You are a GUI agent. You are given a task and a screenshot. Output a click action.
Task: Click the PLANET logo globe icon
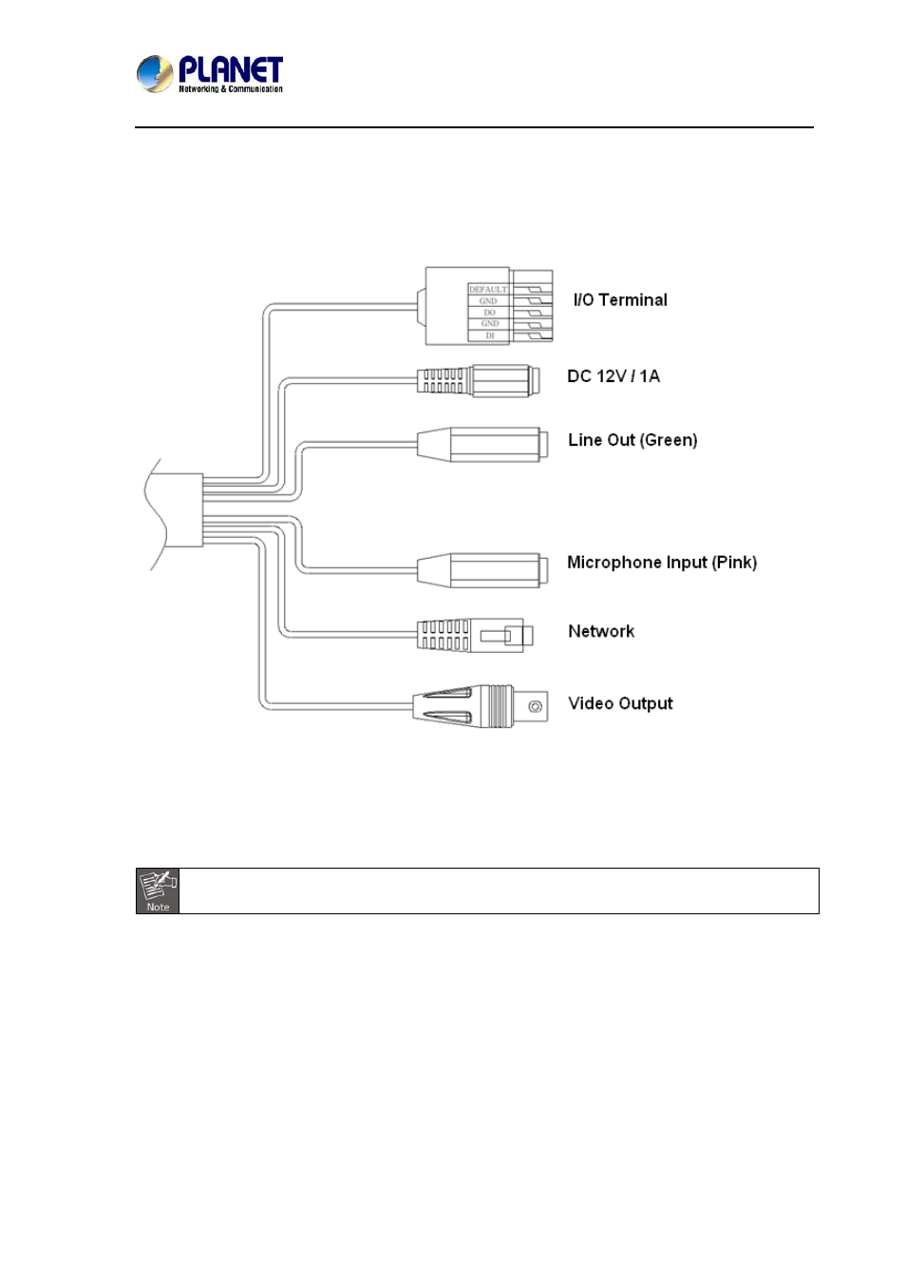coord(154,73)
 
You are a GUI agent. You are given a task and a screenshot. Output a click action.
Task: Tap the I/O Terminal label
coord(619,300)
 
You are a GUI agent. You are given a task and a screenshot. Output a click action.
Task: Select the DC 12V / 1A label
coord(613,376)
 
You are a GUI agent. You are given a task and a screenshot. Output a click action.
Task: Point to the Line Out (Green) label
coord(632,440)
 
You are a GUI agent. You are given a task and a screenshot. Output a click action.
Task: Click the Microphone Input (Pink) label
coord(661,563)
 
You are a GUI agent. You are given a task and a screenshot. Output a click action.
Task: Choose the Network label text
coord(600,631)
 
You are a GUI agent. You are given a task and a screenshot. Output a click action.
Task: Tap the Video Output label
coord(619,703)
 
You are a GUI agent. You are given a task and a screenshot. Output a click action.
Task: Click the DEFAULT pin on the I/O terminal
coord(488,289)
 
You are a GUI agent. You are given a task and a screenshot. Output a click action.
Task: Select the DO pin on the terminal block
coord(489,312)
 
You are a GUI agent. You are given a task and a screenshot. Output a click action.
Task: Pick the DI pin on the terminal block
coord(490,335)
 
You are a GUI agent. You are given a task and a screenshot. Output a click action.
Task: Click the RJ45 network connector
coord(470,635)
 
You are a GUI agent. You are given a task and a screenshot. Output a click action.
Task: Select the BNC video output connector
coord(481,706)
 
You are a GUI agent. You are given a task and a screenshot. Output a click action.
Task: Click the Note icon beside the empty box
coord(158,890)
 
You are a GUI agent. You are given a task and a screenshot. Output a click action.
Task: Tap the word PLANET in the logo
coord(231,69)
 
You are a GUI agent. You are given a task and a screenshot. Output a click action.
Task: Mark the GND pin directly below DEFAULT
coord(488,300)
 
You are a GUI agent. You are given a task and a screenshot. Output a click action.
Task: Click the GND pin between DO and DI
coord(489,323)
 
